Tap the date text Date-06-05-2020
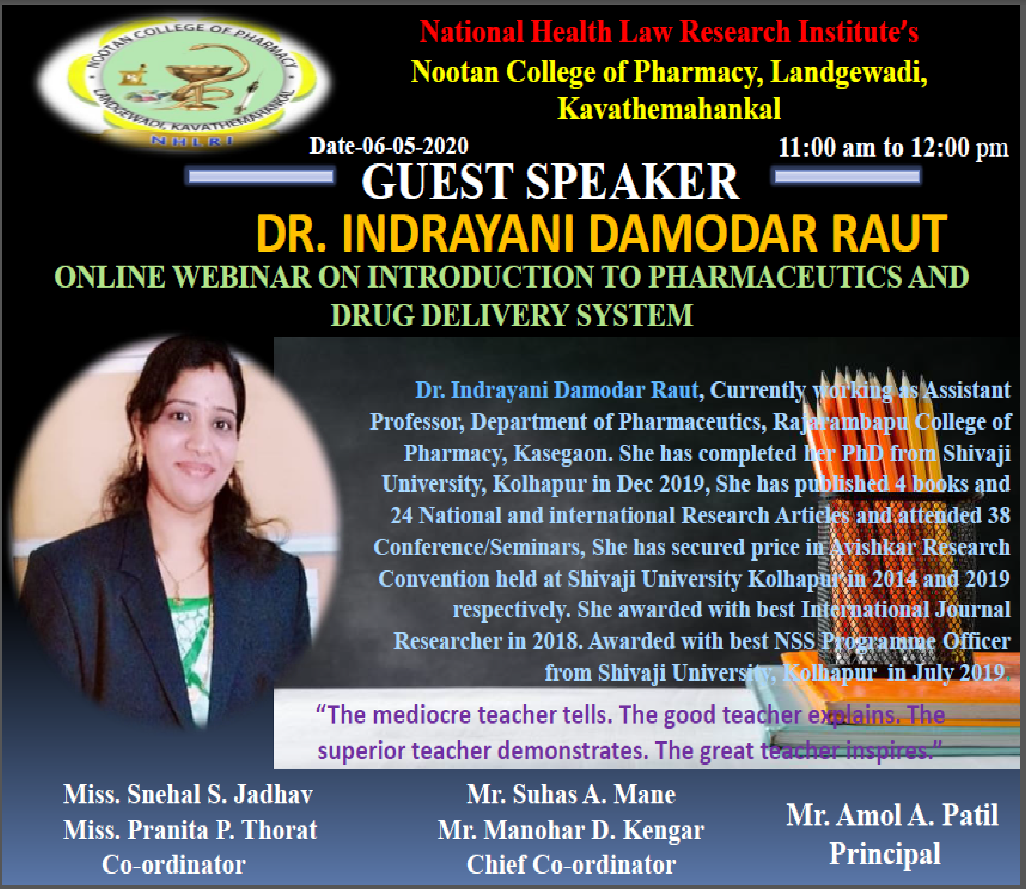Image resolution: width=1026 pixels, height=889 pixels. [389, 146]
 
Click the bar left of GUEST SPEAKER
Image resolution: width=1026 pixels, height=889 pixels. [261, 177]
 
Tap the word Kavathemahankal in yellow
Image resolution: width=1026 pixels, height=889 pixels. [669, 109]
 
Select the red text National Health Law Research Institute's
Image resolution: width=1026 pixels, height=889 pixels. [669, 32]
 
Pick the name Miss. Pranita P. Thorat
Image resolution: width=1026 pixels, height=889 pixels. [190, 830]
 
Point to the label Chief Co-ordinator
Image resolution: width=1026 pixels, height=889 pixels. [571, 865]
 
